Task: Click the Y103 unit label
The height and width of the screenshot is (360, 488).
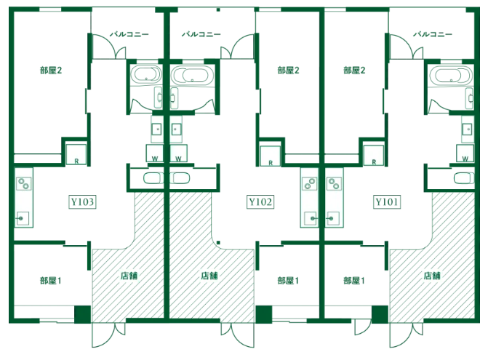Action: click(x=82, y=202)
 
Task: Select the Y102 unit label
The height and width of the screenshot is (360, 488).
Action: click(x=260, y=202)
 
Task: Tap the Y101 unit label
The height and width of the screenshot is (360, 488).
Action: click(x=386, y=202)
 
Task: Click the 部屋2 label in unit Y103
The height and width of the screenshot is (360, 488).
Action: click(x=51, y=71)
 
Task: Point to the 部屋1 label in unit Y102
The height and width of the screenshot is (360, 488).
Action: click(x=288, y=281)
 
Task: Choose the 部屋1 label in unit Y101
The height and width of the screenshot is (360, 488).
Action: click(x=354, y=281)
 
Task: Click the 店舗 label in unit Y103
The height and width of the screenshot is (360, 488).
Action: click(x=129, y=276)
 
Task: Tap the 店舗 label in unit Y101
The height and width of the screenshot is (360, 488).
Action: click(x=432, y=276)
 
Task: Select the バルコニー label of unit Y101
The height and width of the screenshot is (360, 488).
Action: click(x=432, y=34)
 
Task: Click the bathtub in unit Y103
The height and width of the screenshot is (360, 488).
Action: click(x=146, y=75)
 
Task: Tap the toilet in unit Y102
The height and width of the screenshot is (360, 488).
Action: click(x=180, y=178)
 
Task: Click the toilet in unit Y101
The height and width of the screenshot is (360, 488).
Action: click(x=464, y=178)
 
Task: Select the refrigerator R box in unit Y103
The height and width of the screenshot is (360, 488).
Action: click(x=76, y=154)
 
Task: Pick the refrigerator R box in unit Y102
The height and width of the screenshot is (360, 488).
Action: click(x=270, y=156)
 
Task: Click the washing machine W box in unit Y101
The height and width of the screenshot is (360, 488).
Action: click(x=465, y=153)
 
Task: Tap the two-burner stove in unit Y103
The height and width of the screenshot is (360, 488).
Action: click(x=24, y=183)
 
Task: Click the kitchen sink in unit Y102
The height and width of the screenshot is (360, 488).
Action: click(x=311, y=218)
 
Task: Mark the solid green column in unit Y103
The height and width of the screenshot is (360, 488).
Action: click(x=82, y=314)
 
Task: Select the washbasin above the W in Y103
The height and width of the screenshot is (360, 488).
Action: click(x=156, y=129)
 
